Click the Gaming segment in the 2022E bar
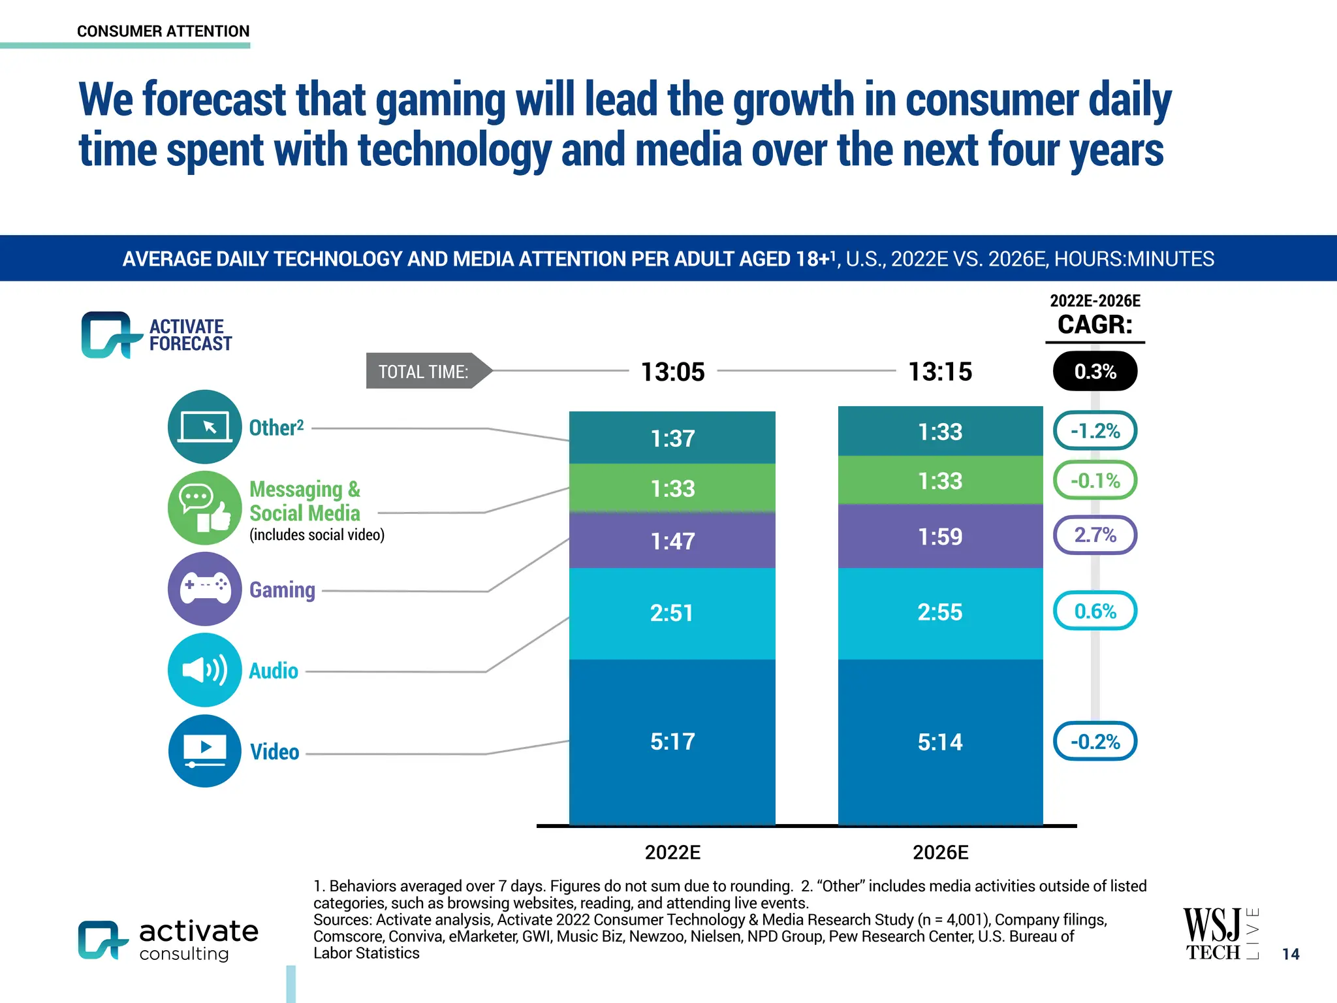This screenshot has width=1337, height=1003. coord(672,541)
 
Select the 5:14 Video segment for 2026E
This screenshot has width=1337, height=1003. coord(940,742)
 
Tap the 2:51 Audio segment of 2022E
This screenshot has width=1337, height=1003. coord(672,613)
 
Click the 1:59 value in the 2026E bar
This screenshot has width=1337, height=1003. coord(940,537)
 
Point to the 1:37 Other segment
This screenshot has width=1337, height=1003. coord(672,438)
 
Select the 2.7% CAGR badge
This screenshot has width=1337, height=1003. coord(1095,535)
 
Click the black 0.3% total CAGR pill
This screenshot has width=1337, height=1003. coord(1095,372)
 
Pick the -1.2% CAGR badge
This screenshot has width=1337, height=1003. coord(1095,431)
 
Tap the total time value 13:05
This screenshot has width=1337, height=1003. coord(672,372)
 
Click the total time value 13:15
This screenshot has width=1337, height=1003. coord(940,372)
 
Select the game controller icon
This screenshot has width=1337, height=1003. coord(205,588)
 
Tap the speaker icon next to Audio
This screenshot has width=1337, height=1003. coord(205,670)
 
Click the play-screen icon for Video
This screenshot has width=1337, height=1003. coord(205,751)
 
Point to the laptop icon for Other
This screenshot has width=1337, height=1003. coord(205,427)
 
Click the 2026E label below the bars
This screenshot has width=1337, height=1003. coord(940,852)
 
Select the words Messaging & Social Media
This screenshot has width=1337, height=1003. coord(305,501)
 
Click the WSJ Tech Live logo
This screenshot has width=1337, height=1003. coord(1220,934)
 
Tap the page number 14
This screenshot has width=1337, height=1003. coord(1290,954)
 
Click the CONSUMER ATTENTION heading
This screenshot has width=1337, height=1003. coord(163,31)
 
